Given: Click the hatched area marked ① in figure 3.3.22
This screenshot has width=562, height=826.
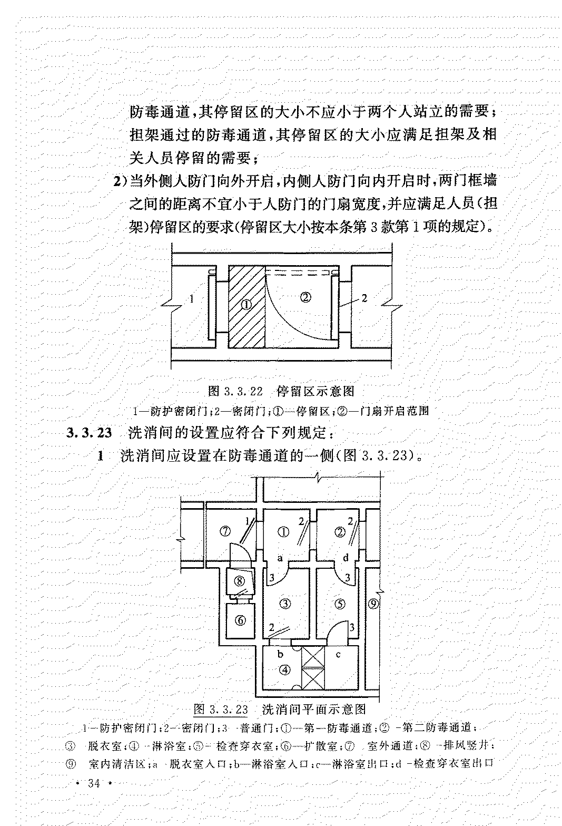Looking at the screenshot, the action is click(247, 306).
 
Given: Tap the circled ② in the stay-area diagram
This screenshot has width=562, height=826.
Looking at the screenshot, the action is click(305, 296).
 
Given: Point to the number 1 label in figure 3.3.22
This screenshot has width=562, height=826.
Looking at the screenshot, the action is click(192, 299).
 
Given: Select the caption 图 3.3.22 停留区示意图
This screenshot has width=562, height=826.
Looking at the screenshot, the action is click(281, 391).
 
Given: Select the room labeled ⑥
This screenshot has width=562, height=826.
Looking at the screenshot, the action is click(240, 620).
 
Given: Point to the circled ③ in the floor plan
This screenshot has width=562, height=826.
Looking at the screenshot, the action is click(285, 604).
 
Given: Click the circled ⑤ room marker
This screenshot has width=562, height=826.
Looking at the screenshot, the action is click(339, 604).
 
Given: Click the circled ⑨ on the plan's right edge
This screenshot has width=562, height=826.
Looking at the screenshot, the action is click(373, 604).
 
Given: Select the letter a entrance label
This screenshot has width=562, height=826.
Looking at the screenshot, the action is click(280, 558).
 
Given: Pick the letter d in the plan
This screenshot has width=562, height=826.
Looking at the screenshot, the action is click(346, 558).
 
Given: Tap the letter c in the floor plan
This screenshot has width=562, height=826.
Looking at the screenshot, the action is click(338, 655).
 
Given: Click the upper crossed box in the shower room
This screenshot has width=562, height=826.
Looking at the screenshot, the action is click(312, 656).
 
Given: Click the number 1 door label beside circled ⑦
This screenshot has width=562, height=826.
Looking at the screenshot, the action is click(248, 521).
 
